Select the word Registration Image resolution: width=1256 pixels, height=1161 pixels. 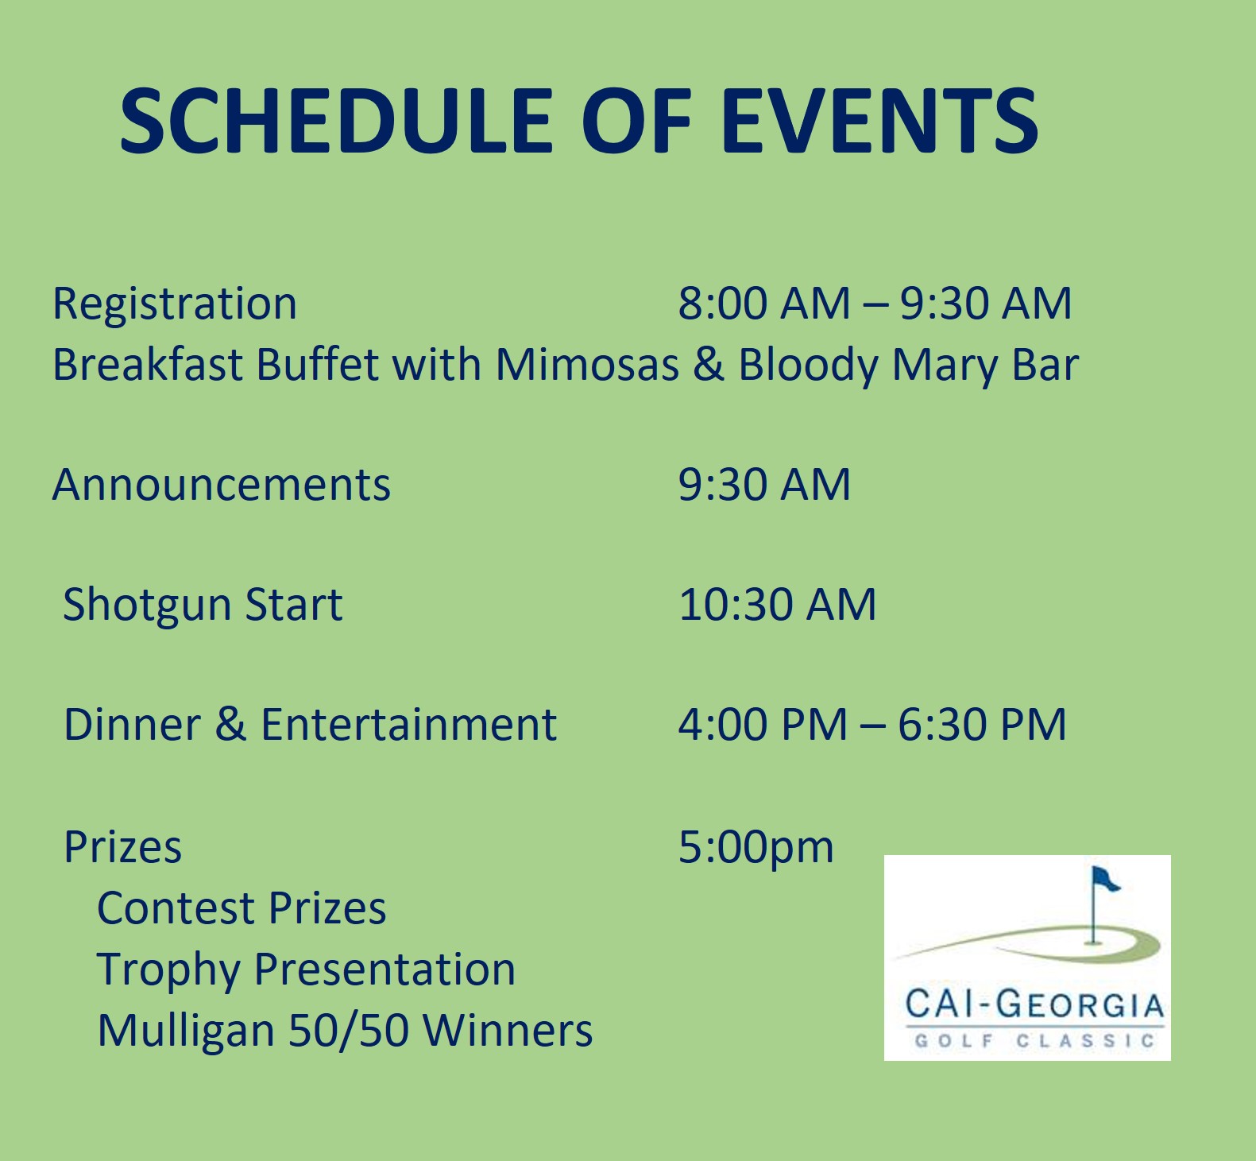click(175, 304)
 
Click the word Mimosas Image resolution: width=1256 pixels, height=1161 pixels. click(587, 365)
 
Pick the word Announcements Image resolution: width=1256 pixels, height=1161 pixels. click(222, 484)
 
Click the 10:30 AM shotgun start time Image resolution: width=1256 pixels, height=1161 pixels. click(777, 604)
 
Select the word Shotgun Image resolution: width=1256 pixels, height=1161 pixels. click(146, 606)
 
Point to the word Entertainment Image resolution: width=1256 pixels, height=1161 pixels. click(408, 724)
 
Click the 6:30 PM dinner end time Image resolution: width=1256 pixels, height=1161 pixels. click(982, 724)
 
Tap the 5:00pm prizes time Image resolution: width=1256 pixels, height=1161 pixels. click(756, 848)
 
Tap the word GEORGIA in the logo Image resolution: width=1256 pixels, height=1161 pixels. click(1080, 1004)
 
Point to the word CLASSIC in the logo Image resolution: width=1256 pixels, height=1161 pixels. click(1085, 1041)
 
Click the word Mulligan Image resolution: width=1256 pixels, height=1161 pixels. click(186, 1031)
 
